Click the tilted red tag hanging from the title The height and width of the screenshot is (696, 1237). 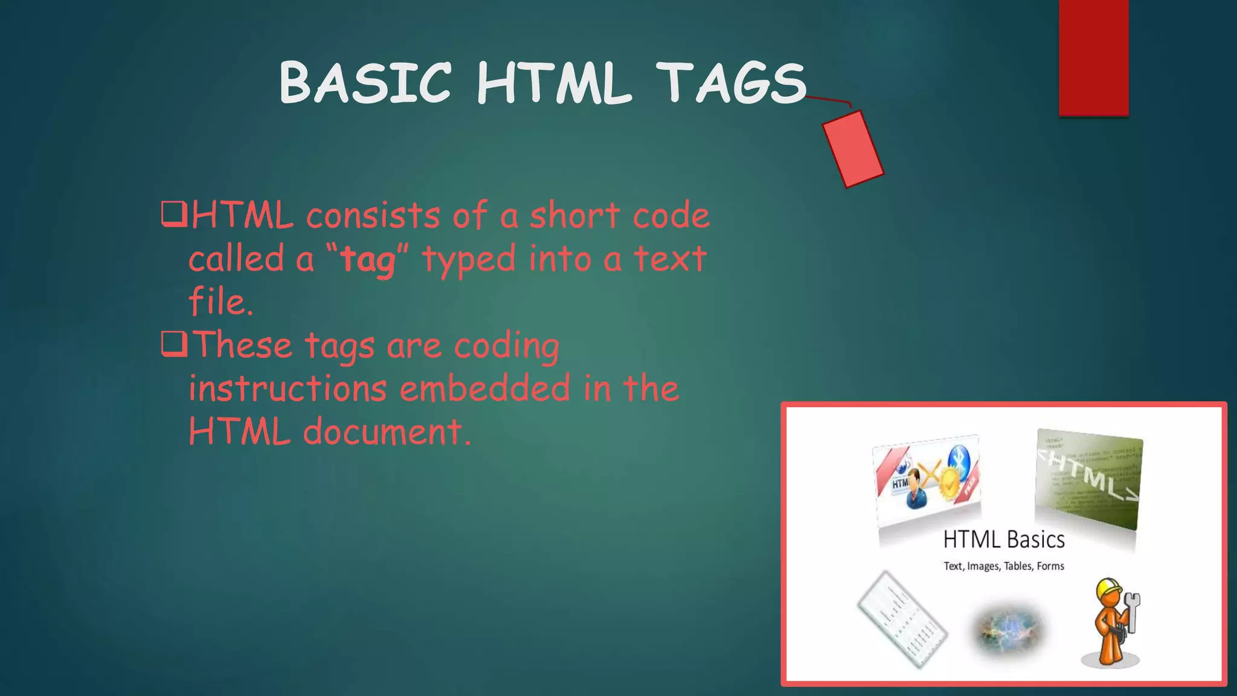852,149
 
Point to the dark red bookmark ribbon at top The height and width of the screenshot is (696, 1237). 1093,57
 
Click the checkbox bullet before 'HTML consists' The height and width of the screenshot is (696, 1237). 174,214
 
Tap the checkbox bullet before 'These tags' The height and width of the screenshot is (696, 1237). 174,344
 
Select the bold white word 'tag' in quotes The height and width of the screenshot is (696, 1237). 367,260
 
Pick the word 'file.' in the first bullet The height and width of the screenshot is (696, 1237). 220,301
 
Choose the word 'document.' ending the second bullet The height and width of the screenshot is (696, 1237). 387,432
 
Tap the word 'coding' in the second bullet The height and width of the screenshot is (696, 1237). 506,347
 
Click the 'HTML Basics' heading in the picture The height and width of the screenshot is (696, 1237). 1004,540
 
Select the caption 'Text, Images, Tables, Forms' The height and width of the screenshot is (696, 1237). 1004,566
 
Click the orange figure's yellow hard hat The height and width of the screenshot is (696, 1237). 1108,587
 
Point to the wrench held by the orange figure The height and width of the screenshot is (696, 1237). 1131,610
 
